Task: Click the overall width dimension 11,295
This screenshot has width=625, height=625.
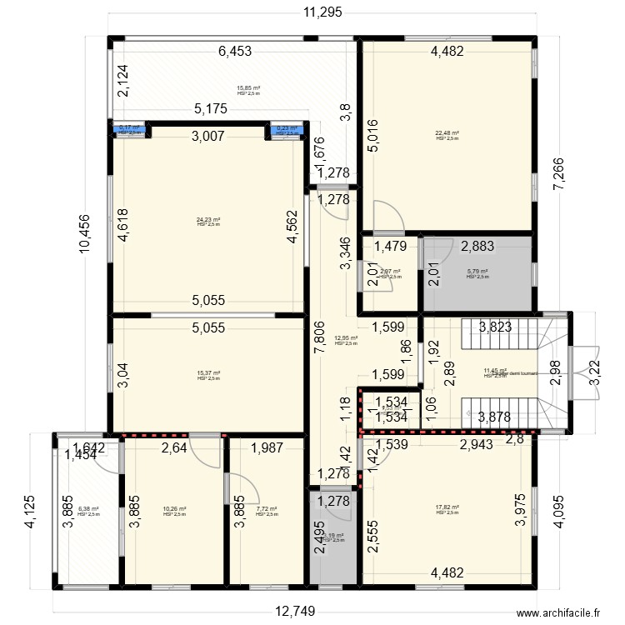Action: (x=323, y=12)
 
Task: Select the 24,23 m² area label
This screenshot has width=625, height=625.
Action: (x=208, y=220)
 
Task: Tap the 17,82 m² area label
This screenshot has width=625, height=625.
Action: (x=447, y=507)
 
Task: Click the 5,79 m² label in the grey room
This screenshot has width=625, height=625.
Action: (x=477, y=272)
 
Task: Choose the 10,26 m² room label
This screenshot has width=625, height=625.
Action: (x=174, y=509)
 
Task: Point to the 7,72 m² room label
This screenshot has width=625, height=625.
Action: (x=267, y=509)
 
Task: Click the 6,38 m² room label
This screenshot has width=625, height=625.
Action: (x=87, y=509)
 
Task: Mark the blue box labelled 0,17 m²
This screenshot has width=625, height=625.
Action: (x=129, y=129)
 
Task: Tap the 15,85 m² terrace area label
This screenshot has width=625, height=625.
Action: (x=248, y=88)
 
